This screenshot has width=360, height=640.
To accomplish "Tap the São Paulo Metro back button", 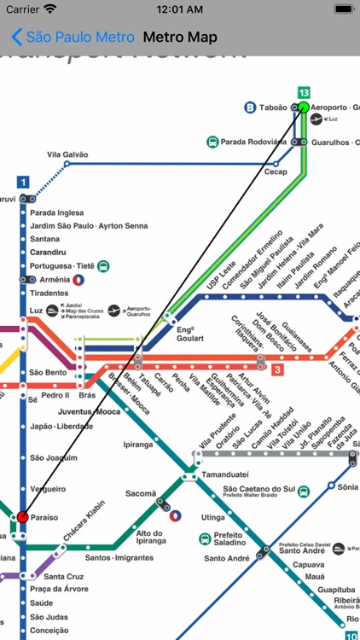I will pyautogui.click(x=72, y=38).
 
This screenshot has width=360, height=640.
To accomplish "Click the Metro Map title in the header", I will pyautogui.click(x=180, y=38).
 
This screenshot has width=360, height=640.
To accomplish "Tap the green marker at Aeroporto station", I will pyautogui.click(x=303, y=108).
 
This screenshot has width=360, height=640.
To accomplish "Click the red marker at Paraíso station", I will pyautogui.click(x=22, y=517).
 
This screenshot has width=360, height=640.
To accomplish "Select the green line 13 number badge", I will pyautogui.click(x=304, y=92).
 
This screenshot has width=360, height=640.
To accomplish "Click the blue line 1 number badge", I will pyautogui.click(x=22, y=181).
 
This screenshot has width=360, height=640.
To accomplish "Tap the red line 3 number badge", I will pyautogui.click(x=278, y=369).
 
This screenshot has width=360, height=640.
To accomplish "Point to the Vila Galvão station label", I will pyautogui.click(x=67, y=154).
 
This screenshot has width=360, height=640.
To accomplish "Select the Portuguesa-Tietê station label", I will pyautogui.click(x=62, y=265).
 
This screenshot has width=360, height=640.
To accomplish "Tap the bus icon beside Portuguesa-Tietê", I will pyautogui.click(x=103, y=265).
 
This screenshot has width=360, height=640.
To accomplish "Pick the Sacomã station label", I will pyautogui.click(x=141, y=493).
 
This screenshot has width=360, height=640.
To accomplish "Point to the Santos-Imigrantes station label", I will pyautogui.click(x=120, y=558).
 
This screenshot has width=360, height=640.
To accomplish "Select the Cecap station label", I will pyautogui.click(x=276, y=171).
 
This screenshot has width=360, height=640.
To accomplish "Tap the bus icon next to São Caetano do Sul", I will pyautogui.click(x=303, y=491).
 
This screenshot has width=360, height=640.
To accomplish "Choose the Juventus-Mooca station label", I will pyautogui.click(x=88, y=411).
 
